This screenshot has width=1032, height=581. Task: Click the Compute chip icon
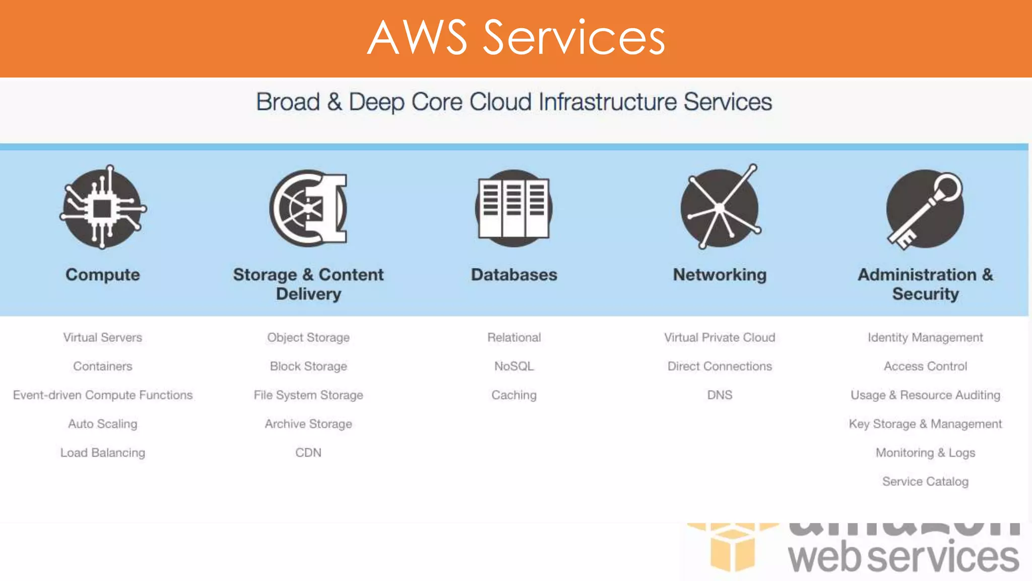103,207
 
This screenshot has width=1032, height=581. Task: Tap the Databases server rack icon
513,208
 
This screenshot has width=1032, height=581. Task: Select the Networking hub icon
720,207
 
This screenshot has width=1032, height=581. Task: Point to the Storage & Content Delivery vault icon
308,208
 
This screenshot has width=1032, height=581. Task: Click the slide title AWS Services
516,37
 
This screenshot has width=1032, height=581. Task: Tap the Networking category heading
720,275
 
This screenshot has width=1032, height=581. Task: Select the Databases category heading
514,275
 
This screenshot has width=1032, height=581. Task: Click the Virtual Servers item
103,337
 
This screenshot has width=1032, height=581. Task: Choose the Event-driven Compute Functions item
103,395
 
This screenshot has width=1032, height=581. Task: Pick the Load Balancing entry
103,453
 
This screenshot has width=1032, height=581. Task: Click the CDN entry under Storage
308,453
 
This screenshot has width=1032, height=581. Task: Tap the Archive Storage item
308,424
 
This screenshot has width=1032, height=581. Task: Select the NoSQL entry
514,366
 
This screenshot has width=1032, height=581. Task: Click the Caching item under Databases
514,395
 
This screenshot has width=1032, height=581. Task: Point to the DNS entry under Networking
720,395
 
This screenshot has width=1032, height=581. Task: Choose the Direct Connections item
720,366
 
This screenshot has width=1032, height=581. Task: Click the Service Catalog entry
925,482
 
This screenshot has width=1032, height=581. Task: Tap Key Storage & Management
925,424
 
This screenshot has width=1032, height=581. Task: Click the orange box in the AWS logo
732,549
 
